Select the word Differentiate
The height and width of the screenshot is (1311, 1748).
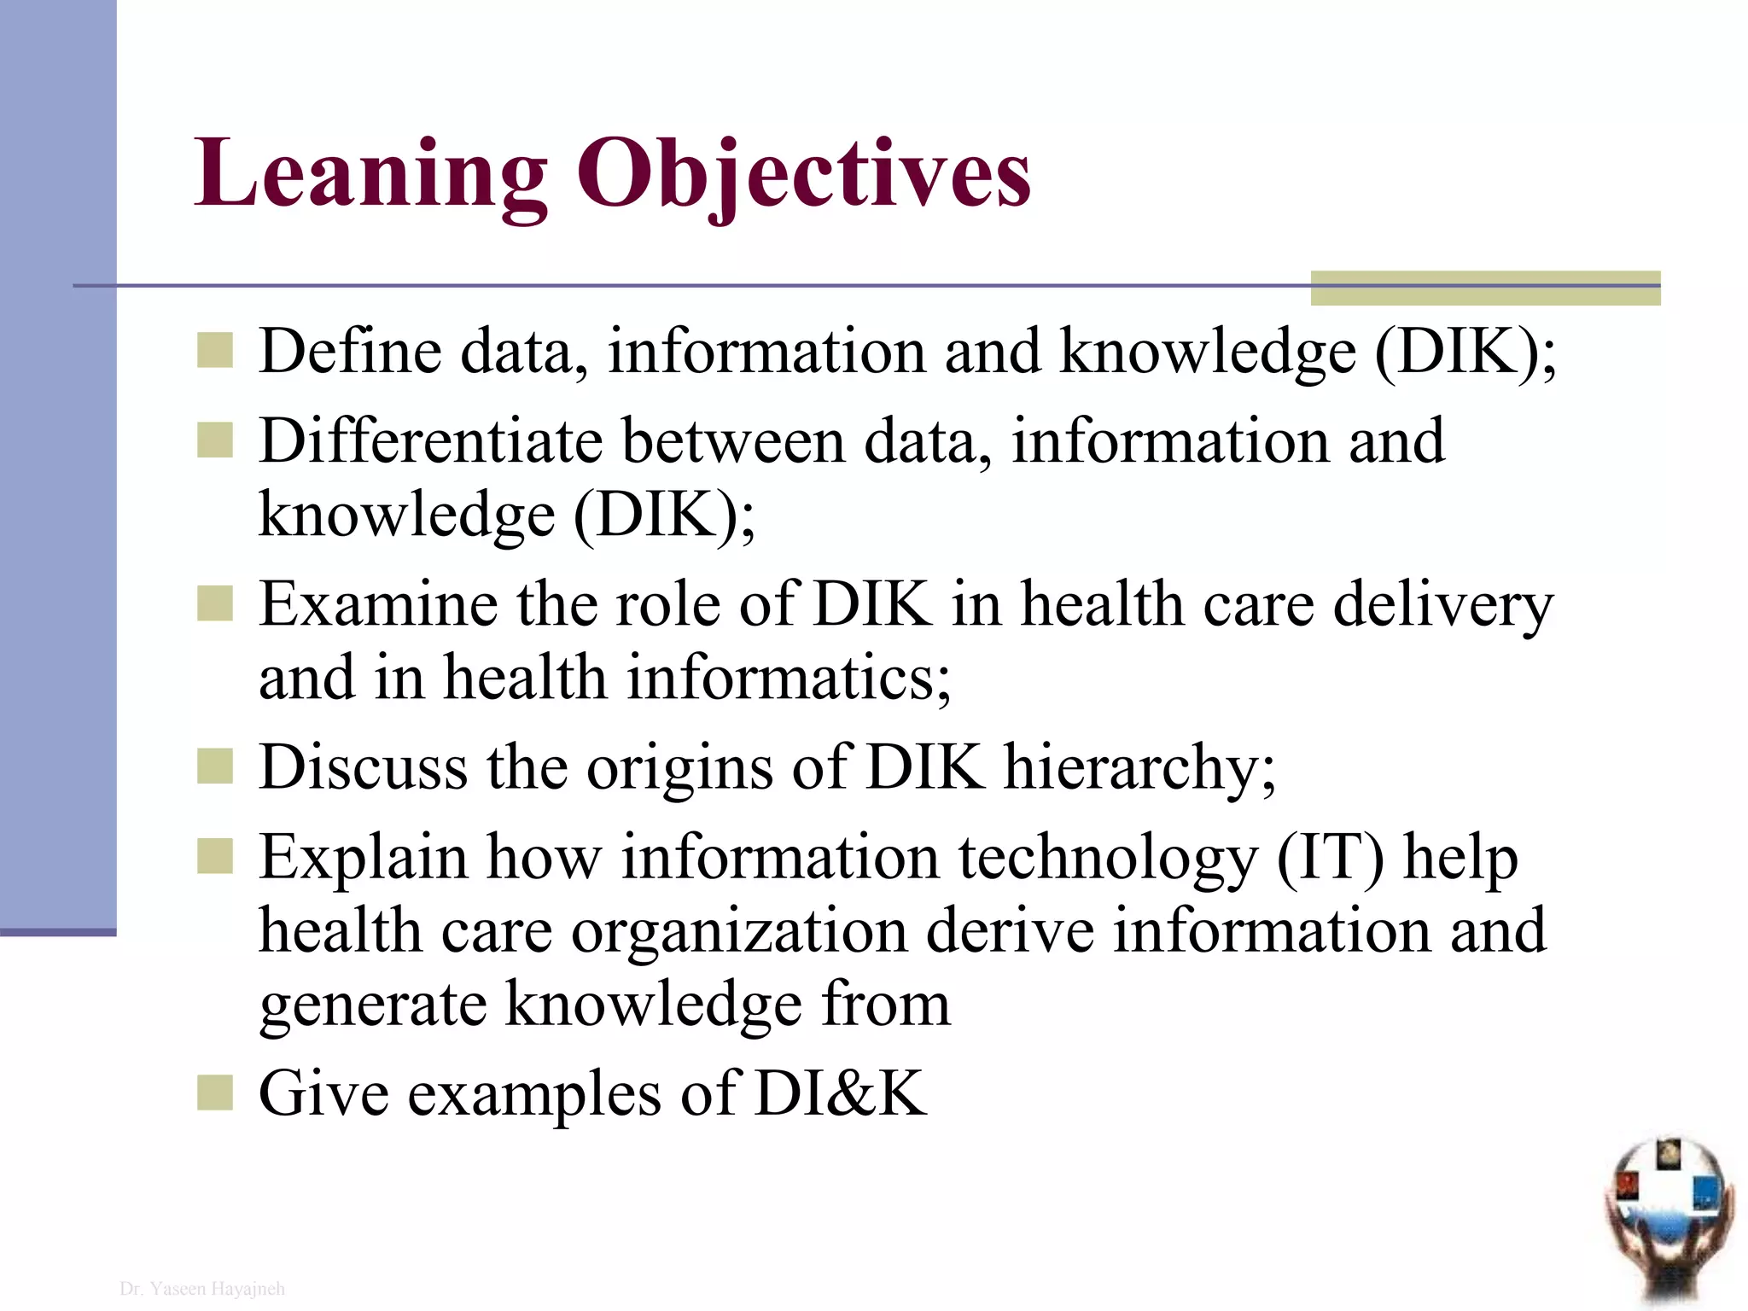[x=430, y=441]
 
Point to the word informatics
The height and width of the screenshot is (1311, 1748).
[x=789, y=678]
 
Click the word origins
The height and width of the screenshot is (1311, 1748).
[x=679, y=767]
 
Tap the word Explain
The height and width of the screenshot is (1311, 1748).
[x=364, y=857]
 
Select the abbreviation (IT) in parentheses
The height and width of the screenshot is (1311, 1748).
[x=1330, y=857]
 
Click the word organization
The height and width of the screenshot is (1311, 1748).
[x=739, y=930]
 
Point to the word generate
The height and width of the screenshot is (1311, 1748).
[x=372, y=1005]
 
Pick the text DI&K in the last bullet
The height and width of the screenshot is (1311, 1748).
[x=840, y=1093]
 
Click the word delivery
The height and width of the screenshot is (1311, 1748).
[x=1442, y=604]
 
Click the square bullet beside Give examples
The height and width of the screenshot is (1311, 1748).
[x=214, y=1092]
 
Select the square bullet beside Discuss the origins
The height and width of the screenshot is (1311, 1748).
[x=214, y=766]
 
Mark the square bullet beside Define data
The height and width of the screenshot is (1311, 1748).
[x=214, y=350]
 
